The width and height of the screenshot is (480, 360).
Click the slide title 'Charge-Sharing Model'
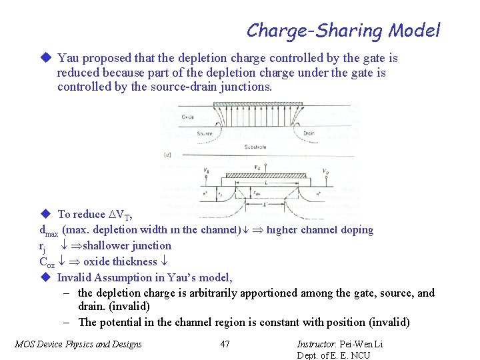point(343,30)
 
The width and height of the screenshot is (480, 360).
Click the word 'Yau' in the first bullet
point(67,59)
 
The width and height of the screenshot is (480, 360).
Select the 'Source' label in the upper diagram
point(204,133)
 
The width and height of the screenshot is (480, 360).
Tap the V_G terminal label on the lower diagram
point(257,167)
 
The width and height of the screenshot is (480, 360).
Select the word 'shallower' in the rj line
point(106,246)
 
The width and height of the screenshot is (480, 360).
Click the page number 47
point(225,344)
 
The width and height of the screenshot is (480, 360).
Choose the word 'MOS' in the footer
point(25,344)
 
